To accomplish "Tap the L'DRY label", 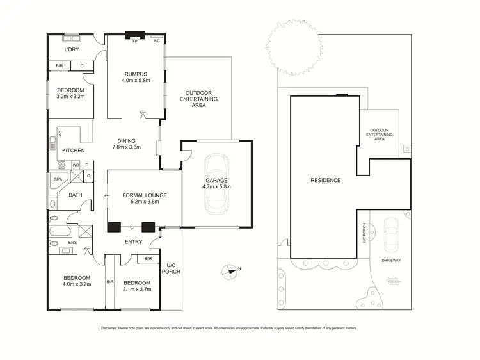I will (71, 50).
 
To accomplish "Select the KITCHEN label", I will (72, 151).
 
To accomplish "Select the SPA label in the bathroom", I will (58, 180).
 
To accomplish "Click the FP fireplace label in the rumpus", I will (135, 41).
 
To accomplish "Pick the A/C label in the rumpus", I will (157, 41).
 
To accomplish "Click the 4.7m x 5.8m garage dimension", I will (216, 188).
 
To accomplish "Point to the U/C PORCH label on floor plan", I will (171, 268).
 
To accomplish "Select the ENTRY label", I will (133, 242).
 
